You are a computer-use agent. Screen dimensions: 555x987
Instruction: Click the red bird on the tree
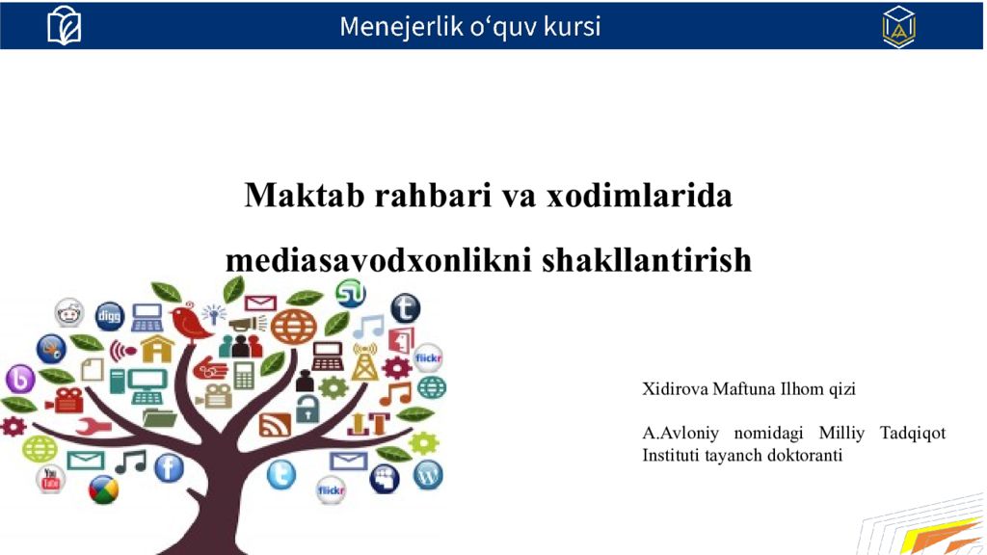189,322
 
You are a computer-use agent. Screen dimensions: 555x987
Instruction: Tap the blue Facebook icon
170,468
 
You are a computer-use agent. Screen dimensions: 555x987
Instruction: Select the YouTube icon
50,478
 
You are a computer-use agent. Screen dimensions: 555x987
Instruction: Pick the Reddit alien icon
68,312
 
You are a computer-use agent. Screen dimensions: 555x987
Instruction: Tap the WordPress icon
428,474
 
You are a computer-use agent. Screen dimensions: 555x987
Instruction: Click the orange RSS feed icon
275,424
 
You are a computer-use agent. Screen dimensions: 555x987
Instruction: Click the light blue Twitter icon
281,474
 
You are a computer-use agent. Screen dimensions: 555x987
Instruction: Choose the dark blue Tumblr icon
406,308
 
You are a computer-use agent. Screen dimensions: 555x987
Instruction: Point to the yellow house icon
157,348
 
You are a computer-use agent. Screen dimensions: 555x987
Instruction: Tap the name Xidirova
675,389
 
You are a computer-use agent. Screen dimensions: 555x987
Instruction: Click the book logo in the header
65,25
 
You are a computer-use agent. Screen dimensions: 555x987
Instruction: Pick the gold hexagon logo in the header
898,27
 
